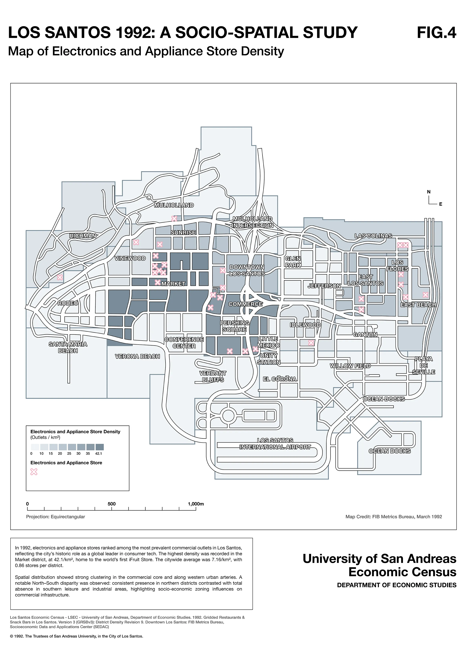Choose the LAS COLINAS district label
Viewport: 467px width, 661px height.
point(373,236)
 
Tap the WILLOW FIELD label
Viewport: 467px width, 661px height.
point(350,366)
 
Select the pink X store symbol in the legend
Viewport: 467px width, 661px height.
point(34,472)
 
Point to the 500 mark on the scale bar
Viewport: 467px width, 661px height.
point(112,504)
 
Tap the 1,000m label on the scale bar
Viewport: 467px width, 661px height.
point(196,504)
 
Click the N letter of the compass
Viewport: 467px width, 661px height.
point(429,192)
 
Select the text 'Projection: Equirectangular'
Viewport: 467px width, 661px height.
point(55,516)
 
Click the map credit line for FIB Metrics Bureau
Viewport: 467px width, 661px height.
point(394,516)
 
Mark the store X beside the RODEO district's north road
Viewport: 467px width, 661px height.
point(60,277)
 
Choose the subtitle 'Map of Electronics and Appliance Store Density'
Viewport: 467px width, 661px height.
point(146,51)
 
